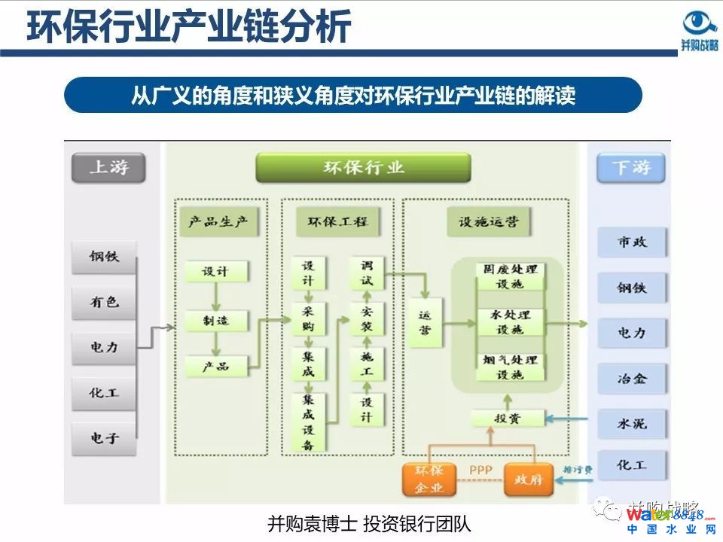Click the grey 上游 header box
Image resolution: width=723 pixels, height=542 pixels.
(x=108, y=168)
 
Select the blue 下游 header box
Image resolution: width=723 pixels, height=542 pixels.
(x=631, y=168)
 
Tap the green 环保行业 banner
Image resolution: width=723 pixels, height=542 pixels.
(x=363, y=167)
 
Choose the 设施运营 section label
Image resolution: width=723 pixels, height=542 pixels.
(x=487, y=222)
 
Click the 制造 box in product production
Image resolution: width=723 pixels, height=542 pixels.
(x=215, y=321)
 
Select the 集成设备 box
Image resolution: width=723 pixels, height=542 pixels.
(x=309, y=422)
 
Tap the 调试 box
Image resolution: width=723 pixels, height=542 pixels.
(x=367, y=273)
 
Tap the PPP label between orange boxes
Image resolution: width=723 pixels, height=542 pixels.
(x=480, y=470)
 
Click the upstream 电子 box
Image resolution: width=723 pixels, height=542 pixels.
(x=105, y=437)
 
